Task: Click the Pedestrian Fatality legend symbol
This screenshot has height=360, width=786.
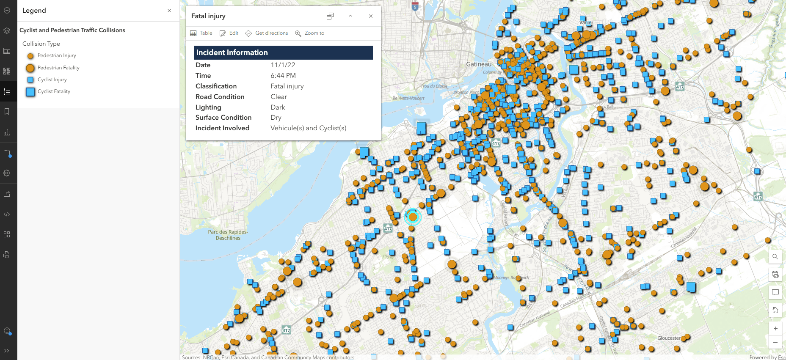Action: click(30, 68)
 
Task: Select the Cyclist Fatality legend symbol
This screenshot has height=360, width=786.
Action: click(30, 92)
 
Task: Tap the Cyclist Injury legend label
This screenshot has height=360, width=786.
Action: click(52, 80)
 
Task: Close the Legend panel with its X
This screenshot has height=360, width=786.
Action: click(169, 11)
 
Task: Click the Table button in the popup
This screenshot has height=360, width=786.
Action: click(201, 33)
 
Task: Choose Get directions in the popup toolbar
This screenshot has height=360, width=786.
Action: click(267, 33)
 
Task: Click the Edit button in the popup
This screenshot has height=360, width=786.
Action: click(229, 33)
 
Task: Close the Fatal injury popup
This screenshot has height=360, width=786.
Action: click(371, 16)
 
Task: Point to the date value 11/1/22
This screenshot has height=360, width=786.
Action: click(283, 65)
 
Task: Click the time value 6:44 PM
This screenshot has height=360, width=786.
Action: click(283, 76)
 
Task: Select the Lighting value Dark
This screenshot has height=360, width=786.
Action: click(278, 107)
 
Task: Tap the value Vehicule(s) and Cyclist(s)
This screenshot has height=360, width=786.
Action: click(308, 128)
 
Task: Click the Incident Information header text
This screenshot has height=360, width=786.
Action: click(232, 52)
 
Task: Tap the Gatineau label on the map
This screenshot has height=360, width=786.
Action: click(479, 64)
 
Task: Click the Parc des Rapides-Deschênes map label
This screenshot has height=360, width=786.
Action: click(228, 235)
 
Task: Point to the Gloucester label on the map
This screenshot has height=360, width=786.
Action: click(669, 338)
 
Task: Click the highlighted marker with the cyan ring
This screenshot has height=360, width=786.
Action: click(413, 217)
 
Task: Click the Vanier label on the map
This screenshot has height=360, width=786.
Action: click(586, 22)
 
